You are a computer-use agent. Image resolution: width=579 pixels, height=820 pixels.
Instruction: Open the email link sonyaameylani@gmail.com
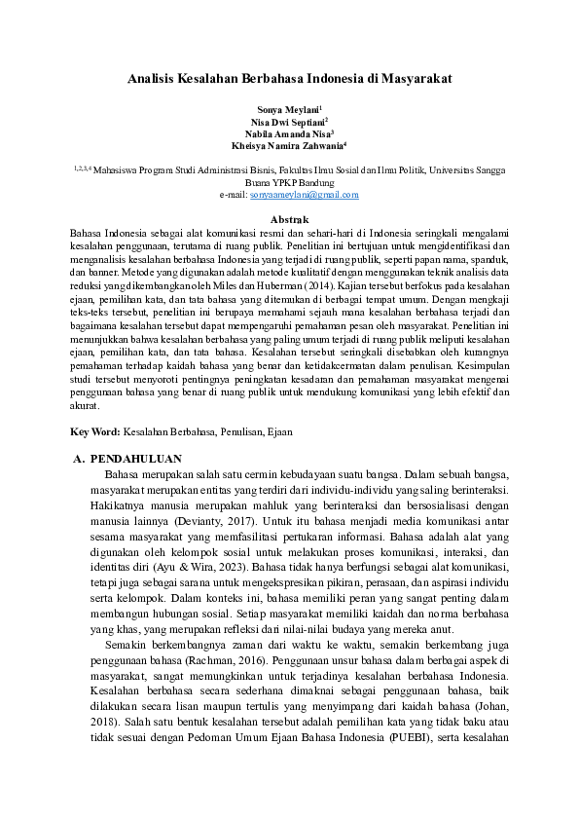coord(305,195)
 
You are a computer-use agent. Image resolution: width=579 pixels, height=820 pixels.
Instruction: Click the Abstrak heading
coord(289,221)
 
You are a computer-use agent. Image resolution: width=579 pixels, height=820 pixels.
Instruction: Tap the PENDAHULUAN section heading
coord(142,459)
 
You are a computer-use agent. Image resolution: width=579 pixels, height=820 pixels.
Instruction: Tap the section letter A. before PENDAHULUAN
coord(81,459)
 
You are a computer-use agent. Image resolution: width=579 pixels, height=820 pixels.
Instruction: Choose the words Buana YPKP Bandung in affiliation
coord(290,182)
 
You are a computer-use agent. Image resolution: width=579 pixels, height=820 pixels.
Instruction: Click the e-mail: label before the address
coord(234,195)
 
